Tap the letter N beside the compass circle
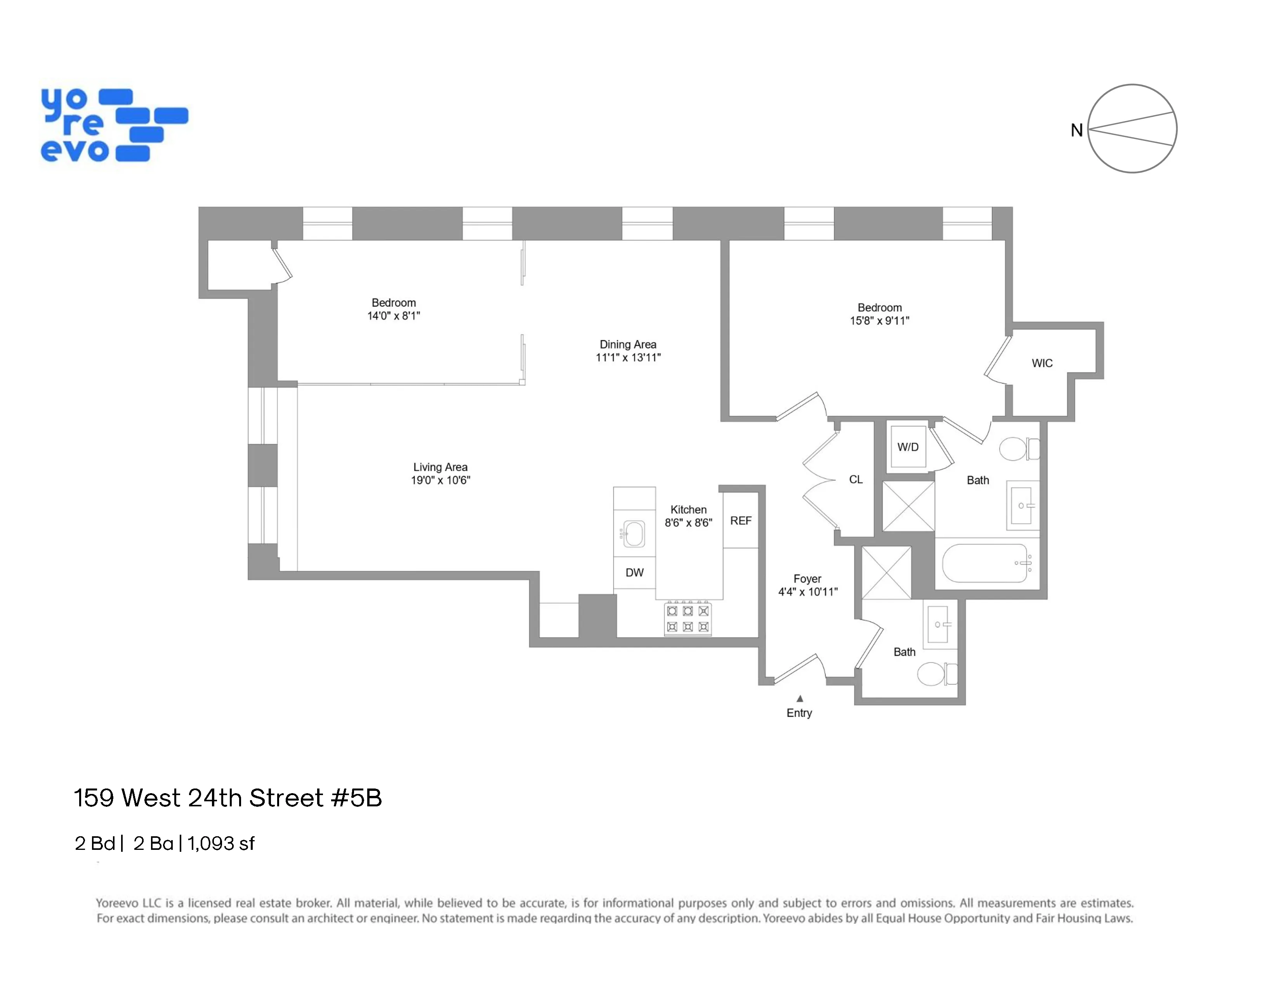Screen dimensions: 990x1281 coord(1076,130)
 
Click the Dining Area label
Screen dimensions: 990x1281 coord(628,344)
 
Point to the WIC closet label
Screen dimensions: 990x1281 coord(1042,363)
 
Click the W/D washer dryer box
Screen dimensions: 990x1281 coord(908,447)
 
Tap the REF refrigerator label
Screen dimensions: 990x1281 coord(740,521)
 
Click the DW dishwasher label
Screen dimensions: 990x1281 coord(634,572)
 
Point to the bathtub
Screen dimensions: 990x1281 coord(985,563)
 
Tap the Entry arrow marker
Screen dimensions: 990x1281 coord(799,698)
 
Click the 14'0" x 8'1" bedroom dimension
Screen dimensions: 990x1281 coord(394,316)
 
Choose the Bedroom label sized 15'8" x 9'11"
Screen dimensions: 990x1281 coord(879,307)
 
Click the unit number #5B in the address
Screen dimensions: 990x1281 coord(356,798)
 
